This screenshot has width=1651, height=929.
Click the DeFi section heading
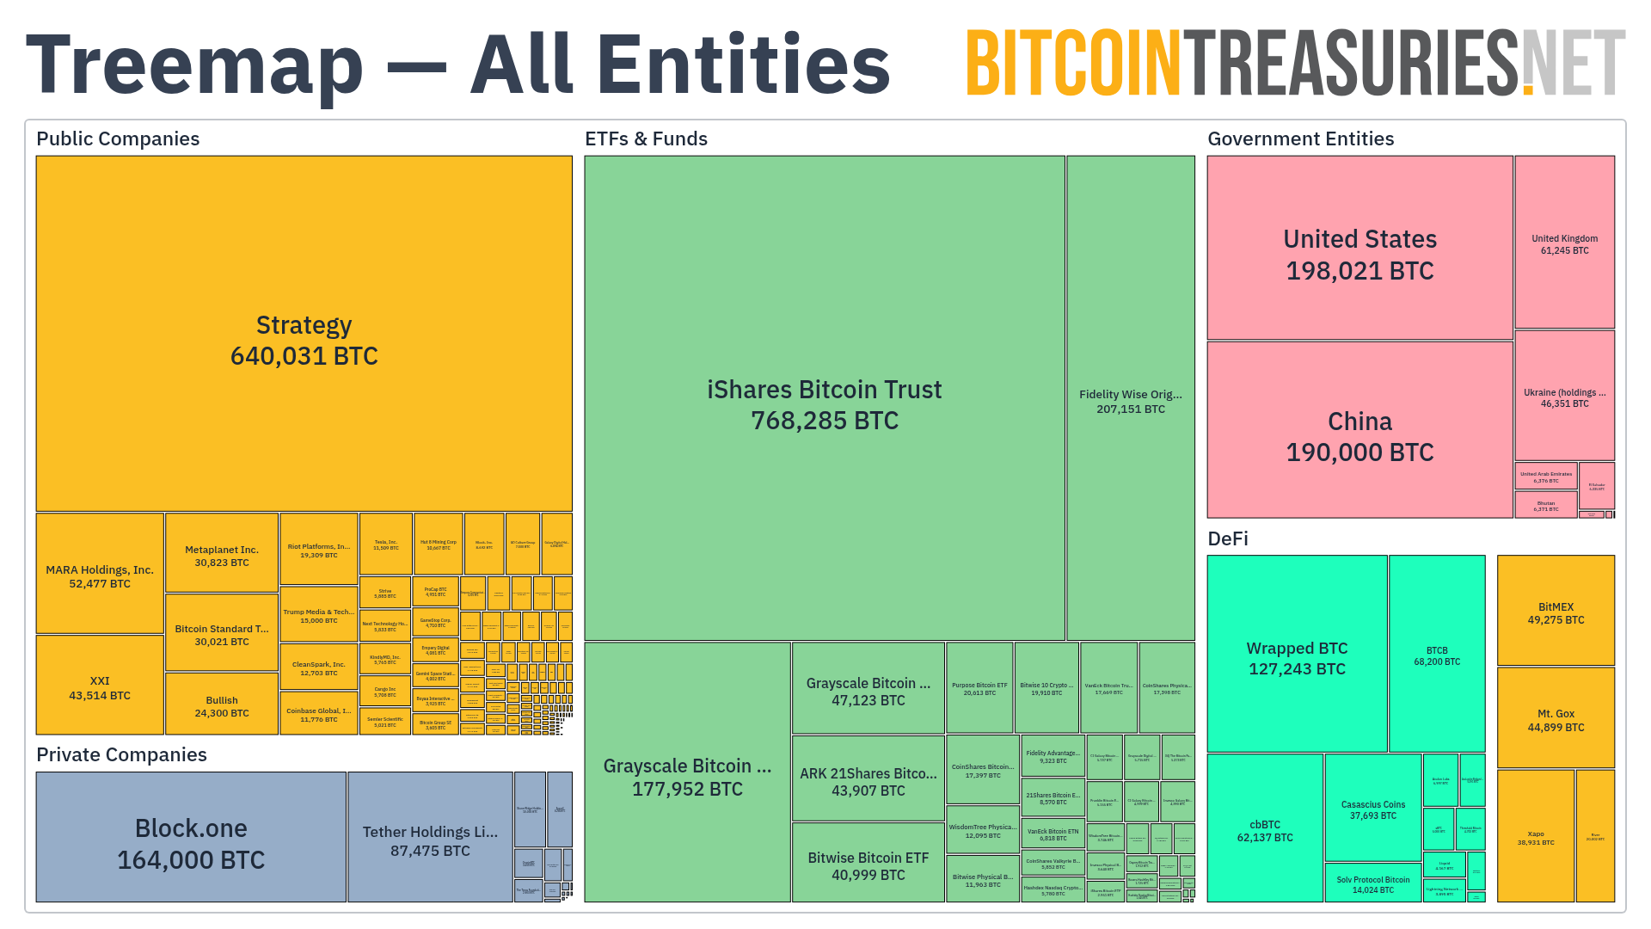pyautogui.click(x=1228, y=538)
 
